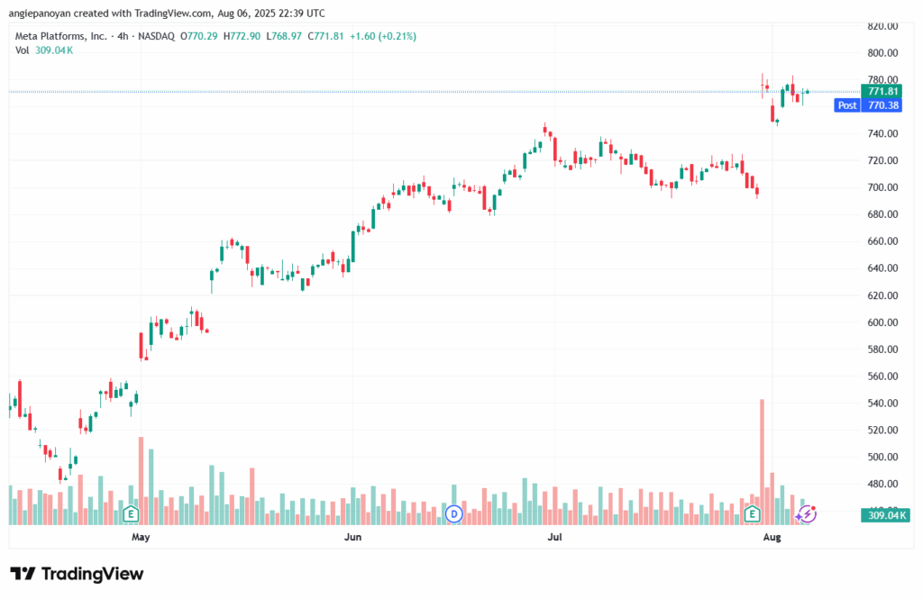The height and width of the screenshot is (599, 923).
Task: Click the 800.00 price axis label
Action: point(883,53)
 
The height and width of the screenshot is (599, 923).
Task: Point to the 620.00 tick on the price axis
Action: point(883,295)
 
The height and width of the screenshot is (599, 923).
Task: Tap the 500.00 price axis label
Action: point(883,457)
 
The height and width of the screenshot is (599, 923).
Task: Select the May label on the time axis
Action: point(140,537)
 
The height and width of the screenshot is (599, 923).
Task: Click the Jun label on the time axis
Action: point(352,537)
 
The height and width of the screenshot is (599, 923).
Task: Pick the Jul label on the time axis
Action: point(554,537)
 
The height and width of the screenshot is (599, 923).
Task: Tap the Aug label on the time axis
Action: point(771,537)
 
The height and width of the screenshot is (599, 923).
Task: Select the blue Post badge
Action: point(847,105)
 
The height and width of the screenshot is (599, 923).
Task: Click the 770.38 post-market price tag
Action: point(882,105)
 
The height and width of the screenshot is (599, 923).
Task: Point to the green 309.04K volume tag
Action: point(882,515)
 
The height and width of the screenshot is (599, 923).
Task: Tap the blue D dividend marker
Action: point(454,514)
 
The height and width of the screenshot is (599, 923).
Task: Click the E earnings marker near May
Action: point(131,514)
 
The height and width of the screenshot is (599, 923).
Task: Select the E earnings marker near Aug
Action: point(751,514)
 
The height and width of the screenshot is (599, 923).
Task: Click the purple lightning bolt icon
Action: point(808,513)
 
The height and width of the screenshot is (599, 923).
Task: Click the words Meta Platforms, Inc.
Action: point(60,36)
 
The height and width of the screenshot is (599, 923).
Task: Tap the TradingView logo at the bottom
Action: point(77,574)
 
